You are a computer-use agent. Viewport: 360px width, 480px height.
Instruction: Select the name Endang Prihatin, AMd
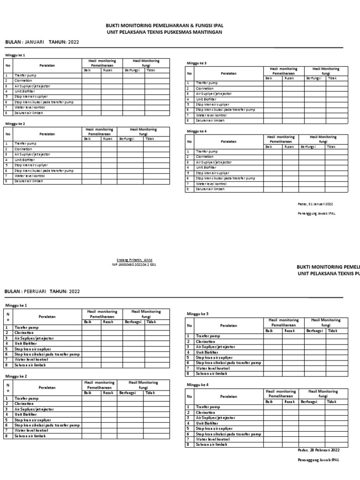(x=135, y=260)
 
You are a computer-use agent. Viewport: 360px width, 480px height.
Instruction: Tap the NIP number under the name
(x=135, y=264)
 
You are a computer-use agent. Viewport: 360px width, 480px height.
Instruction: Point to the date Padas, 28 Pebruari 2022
(x=319, y=450)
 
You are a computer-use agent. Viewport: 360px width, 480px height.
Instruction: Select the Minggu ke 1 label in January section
(x=15, y=55)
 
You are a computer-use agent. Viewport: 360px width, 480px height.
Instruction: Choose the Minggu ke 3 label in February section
(x=197, y=314)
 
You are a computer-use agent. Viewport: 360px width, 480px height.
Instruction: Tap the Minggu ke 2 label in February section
(x=16, y=376)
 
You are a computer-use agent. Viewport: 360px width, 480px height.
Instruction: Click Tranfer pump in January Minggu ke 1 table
(x=25, y=75)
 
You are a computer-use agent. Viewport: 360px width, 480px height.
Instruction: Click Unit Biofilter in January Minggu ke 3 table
(x=207, y=99)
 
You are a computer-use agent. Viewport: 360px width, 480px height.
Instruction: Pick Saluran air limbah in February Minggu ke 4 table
(x=211, y=444)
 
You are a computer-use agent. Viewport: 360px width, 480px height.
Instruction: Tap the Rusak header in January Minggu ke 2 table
(x=108, y=139)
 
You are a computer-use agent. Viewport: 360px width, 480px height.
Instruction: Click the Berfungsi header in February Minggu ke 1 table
(x=133, y=322)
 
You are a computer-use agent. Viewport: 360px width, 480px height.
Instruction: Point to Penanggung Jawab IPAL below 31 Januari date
(x=316, y=213)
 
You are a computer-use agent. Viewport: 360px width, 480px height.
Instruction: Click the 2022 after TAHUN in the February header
(x=74, y=291)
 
